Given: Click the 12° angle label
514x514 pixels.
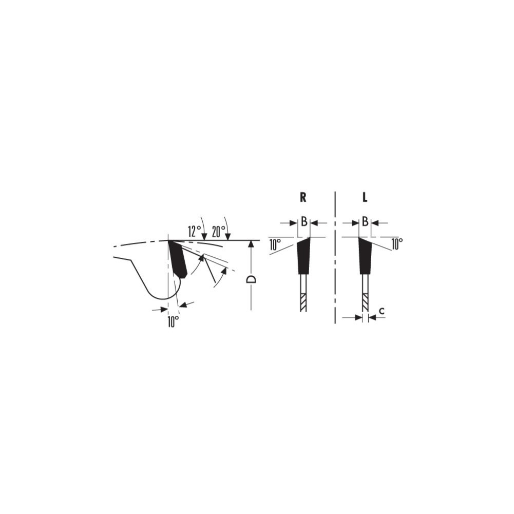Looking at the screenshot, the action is pos(195,232).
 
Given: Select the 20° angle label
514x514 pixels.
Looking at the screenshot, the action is pos(219,232).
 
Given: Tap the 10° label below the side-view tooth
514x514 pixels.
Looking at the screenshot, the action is pos(173,321).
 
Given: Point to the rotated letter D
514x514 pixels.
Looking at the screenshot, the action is pos(252,280).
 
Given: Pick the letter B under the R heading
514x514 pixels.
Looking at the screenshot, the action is pos(304,222).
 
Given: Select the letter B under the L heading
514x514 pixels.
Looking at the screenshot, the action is pos(365,222).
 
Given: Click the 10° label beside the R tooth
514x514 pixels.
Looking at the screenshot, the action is pos(275,244).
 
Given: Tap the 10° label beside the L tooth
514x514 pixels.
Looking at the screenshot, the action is pos(396,244).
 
